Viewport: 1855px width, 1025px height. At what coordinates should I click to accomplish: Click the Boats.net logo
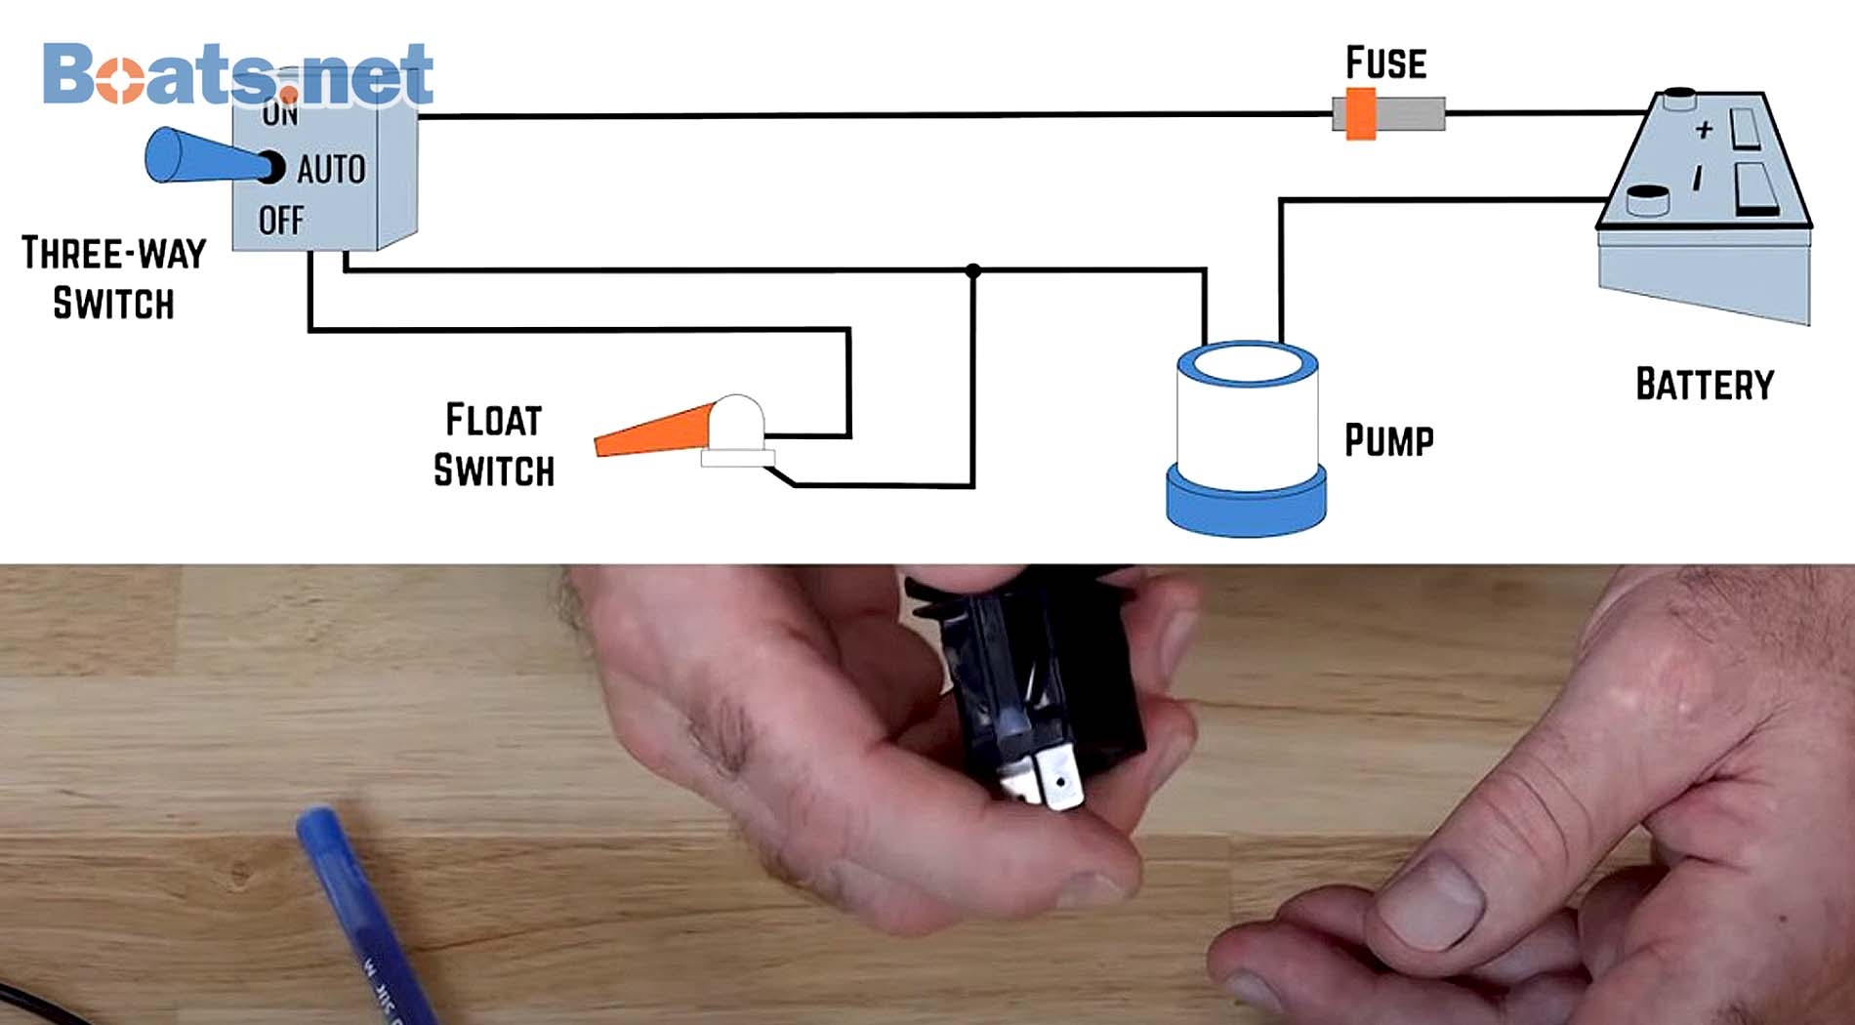(x=237, y=74)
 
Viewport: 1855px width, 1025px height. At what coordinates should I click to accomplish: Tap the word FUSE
(x=1385, y=63)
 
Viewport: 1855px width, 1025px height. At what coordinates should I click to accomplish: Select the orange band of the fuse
(x=1361, y=114)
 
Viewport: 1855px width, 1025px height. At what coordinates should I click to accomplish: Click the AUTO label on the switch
(x=331, y=170)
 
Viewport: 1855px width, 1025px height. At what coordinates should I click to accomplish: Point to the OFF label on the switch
(x=281, y=221)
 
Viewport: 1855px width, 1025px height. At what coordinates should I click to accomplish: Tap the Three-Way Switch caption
(x=113, y=278)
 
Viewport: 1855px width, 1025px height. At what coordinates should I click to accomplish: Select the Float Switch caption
(x=494, y=445)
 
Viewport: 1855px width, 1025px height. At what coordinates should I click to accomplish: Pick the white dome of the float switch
(x=736, y=422)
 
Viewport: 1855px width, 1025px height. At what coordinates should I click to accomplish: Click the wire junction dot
(x=972, y=270)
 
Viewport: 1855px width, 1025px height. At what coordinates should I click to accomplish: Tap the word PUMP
(x=1388, y=440)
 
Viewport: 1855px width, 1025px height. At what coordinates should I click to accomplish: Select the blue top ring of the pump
(x=1248, y=364)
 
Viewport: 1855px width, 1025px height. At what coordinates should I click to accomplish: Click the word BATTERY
(x=1705, y=385)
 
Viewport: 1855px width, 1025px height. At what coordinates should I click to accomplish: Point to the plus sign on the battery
(x=1704, y=129)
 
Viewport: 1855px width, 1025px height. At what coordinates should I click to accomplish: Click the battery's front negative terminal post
(x=1647, y=200)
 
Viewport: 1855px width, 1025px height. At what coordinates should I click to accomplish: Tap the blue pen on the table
(x=361, y=908)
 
